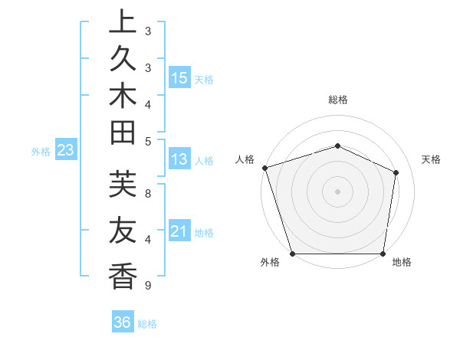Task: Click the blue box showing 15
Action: coord(179,77)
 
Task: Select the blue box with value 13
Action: coord(179,159)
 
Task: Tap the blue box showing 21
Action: coord(179,231)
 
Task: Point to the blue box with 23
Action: coord(66,150)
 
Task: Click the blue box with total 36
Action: coord(123,322)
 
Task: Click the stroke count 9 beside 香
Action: coord(146,286)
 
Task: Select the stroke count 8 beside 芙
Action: coord(148,193)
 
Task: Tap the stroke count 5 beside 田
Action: coord(148,141)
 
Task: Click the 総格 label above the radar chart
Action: coord(337,100)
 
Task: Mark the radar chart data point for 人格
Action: coord(264,168)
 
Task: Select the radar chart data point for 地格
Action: coord(383,254)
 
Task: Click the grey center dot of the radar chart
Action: coord(337,191)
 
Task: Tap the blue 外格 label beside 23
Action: coord(41,152)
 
